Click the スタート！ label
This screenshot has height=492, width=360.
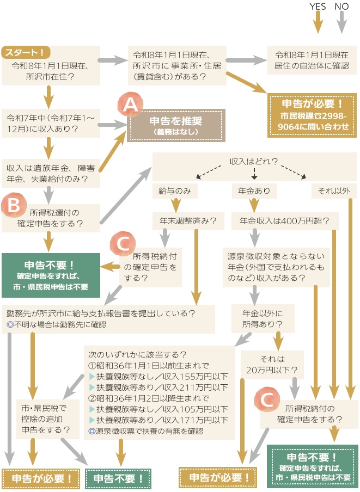[x=26, y=53]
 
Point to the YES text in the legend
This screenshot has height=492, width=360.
[x=318, y=7]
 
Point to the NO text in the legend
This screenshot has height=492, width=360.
[x=341, y=7]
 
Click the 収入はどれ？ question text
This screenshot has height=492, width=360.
[x=254, y=162]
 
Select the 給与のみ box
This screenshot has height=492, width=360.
[x=175, y=192]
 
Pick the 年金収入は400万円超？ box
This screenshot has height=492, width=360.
[x=281, y=222]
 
